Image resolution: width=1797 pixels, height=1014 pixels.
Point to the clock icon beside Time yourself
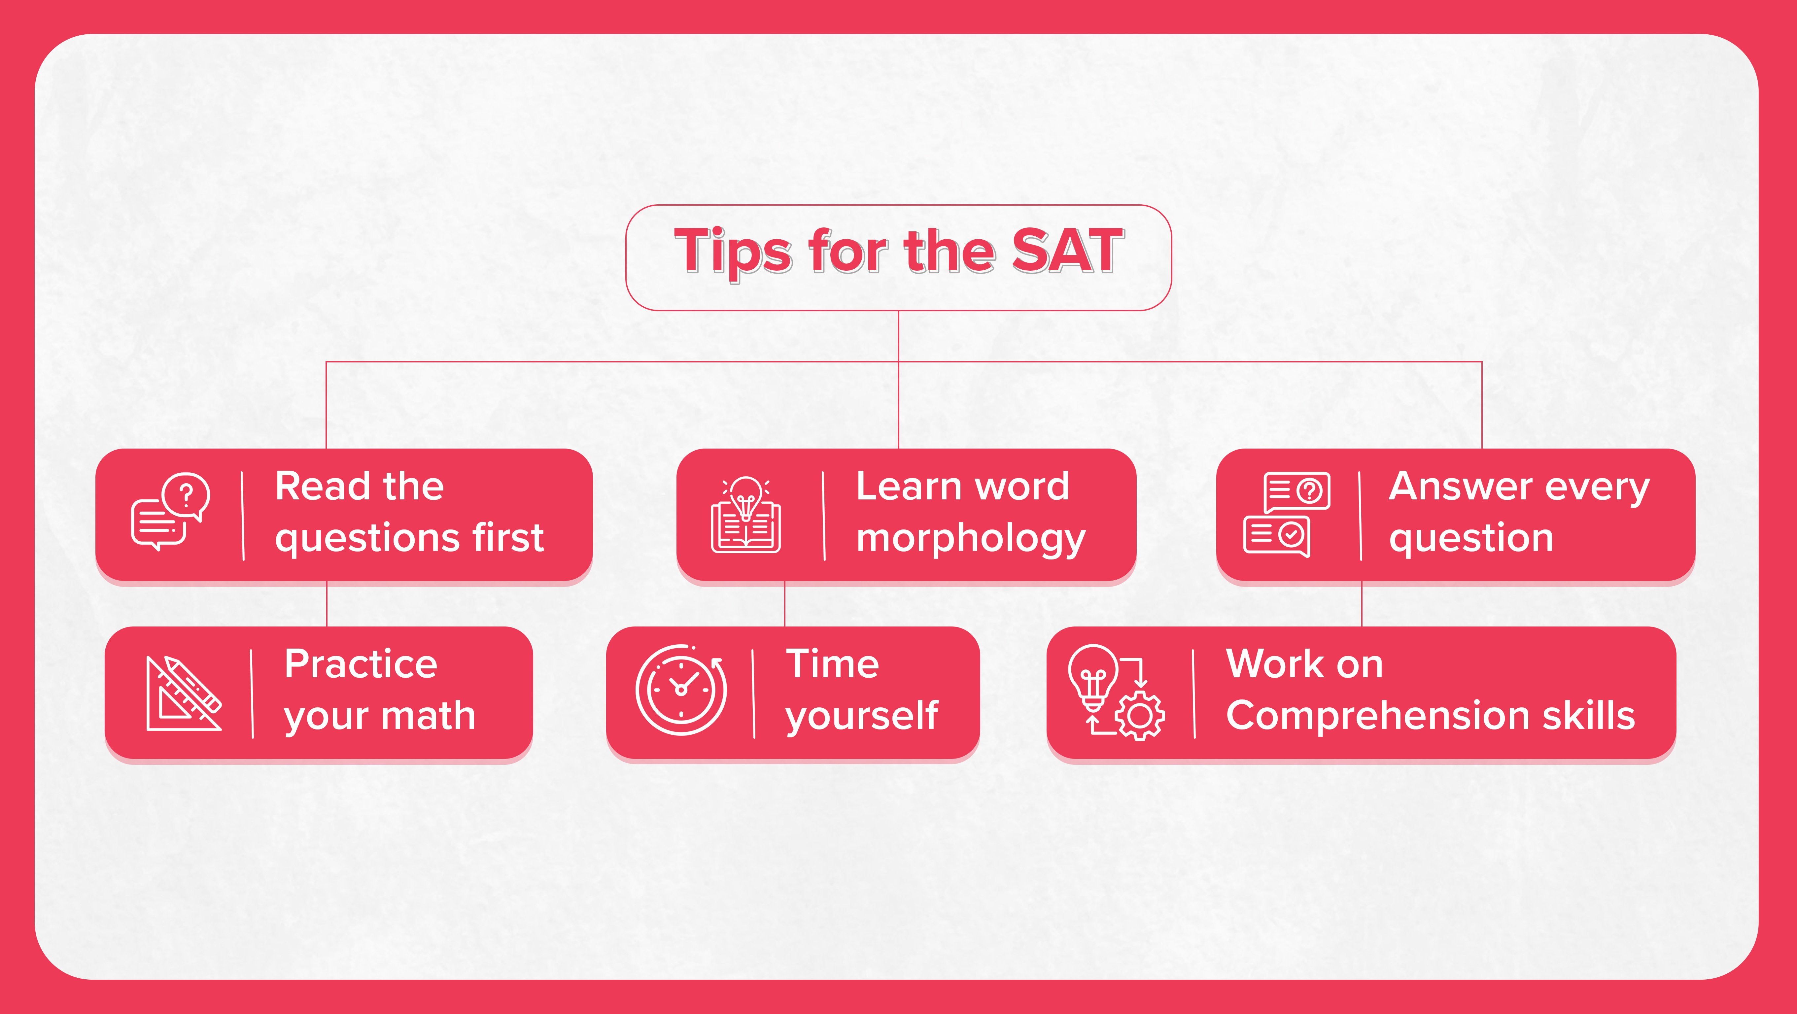tap(681, 689)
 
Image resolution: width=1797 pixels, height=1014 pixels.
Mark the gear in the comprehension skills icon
tap(1140, 716)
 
